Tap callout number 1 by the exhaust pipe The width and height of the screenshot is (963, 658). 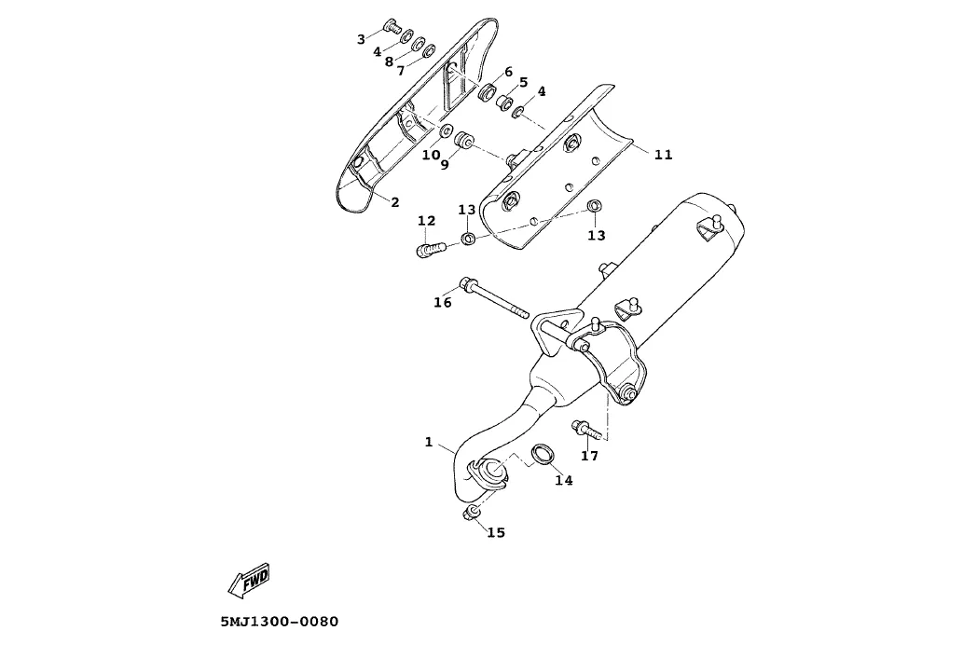pyautogui.click(x=429, y=442)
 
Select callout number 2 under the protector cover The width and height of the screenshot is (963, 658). pyautogui.click(x=395, y=201)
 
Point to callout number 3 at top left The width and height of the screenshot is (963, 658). pyautogui.click(x=361, y=39)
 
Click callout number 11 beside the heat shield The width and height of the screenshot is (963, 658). pyautogui.click(x=663, y=155)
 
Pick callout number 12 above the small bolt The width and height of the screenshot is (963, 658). pyautogui.click(x=426, y=221)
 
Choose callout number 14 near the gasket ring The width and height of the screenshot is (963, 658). pyautogui.click(x=563, y=480)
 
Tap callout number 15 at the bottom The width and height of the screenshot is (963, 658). pyautogui.click(x=496, y=532)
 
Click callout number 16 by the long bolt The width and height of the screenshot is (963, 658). pyautogui.click(x=443, y=302)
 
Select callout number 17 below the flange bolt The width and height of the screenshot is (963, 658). pyautogui.click(x=589, y=456)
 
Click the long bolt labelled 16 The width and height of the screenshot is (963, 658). pyautogui.click(x=494, y=300)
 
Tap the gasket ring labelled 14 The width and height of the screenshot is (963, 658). pyautogui.click(x=542, y=455)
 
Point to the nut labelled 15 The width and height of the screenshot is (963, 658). pyautogui.click(x=471, y=514)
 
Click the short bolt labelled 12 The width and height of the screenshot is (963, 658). pyautogui.click(x=427, y=250)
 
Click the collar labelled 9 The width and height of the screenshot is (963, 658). pyautogui.click(x=463, y=142)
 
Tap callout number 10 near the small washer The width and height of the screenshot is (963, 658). pyautogui.click(x=431, y=155)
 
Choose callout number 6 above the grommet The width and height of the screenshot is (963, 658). pyautogui.click(x=509, y=72)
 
